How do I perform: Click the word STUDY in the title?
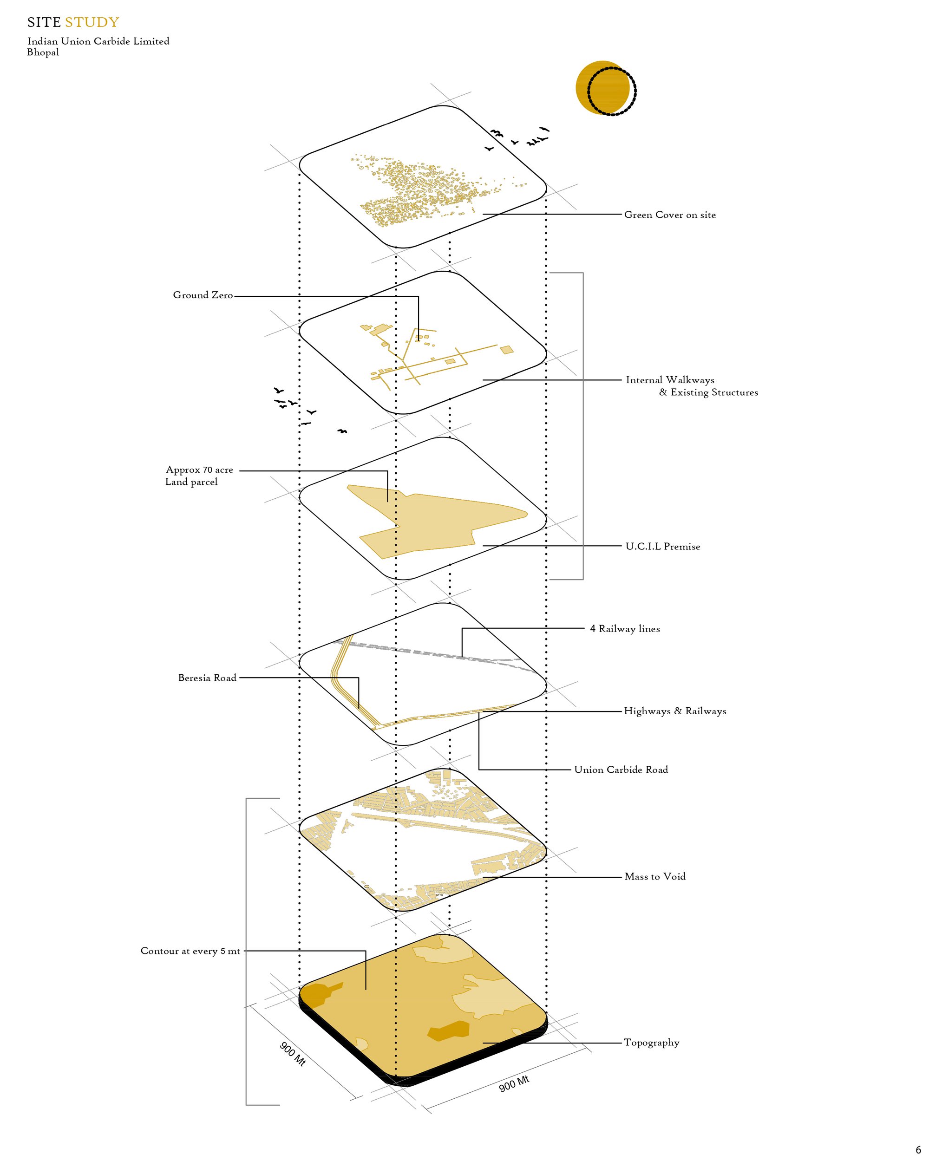coord(92,22)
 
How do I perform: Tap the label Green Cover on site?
coord(670,215)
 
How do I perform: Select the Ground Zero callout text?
coord(203,295)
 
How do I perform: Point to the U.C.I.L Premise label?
coord(663,546)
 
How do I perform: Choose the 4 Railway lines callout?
coord(625,628)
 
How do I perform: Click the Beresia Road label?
coord(207,678)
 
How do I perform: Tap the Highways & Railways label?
coord(675,711)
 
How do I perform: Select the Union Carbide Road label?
coord(621,770)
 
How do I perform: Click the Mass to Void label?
coord(655,876)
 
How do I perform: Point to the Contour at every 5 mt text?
coord(190,951)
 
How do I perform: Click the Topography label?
coord(652,1043)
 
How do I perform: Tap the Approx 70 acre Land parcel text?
coord(199,476)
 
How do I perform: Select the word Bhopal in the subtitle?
coord(43,52)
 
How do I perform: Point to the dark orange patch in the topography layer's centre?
coord(448,1030)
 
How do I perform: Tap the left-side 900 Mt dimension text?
coord(293,1054)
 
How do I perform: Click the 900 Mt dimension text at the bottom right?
coord(514,1083)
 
